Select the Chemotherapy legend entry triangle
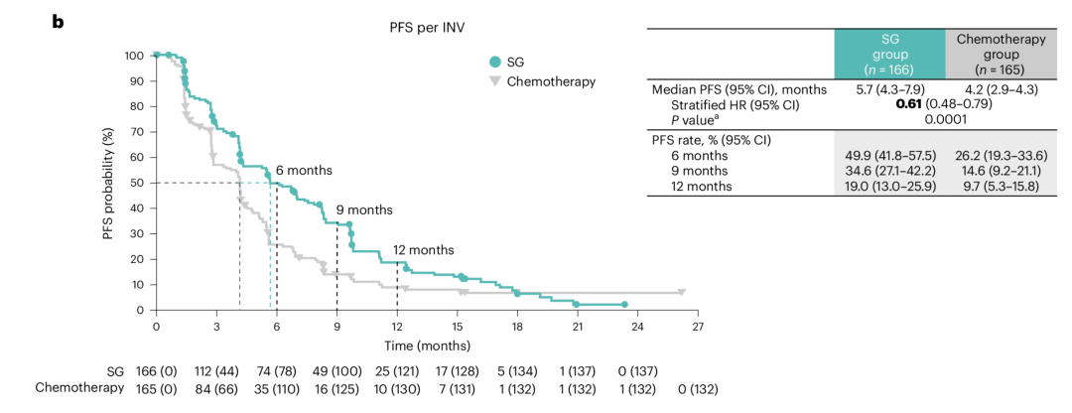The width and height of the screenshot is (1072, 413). [494, 81]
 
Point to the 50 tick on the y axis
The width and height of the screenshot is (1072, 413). [137, 183]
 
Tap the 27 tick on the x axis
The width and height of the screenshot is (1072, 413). [698, 326]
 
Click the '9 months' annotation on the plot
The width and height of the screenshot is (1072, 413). [363, 210]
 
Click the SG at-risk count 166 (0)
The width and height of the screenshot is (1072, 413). [153, 370]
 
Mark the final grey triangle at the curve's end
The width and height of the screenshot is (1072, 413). [681, 293]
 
